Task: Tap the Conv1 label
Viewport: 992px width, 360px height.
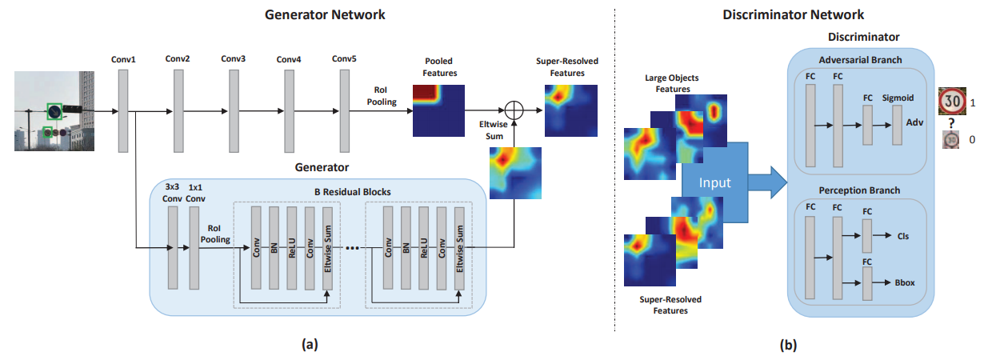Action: [x=123, y=59]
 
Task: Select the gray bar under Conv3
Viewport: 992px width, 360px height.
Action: [x=234, y=110]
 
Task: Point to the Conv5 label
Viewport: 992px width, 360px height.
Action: [x=343, y=58]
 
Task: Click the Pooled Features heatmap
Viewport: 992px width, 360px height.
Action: [x=438, y=110]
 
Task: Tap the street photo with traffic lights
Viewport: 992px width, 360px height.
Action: [x=54, y=110]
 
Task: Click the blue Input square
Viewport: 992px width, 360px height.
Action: [x=714, y=182]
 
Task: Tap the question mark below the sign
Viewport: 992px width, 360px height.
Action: [x=950, y=124]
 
